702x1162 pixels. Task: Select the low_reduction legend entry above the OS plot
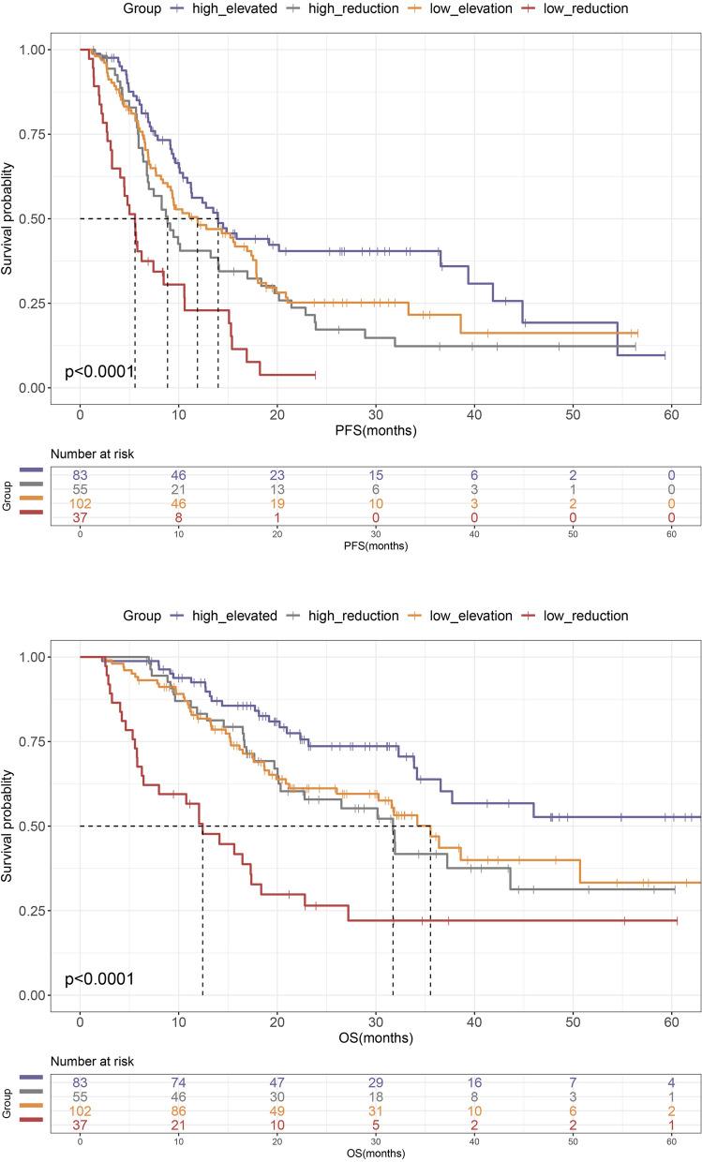point(589,616)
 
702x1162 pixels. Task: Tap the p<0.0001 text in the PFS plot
point(99,372)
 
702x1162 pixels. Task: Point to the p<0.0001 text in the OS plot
point(99,979)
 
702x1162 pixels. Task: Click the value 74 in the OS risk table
point(179,1083)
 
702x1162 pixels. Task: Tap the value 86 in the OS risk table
point(179,1111)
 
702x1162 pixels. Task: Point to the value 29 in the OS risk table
point(376,1083)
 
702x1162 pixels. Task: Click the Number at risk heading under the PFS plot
point(95,455)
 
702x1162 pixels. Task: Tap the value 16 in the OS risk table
point(474,1083)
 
